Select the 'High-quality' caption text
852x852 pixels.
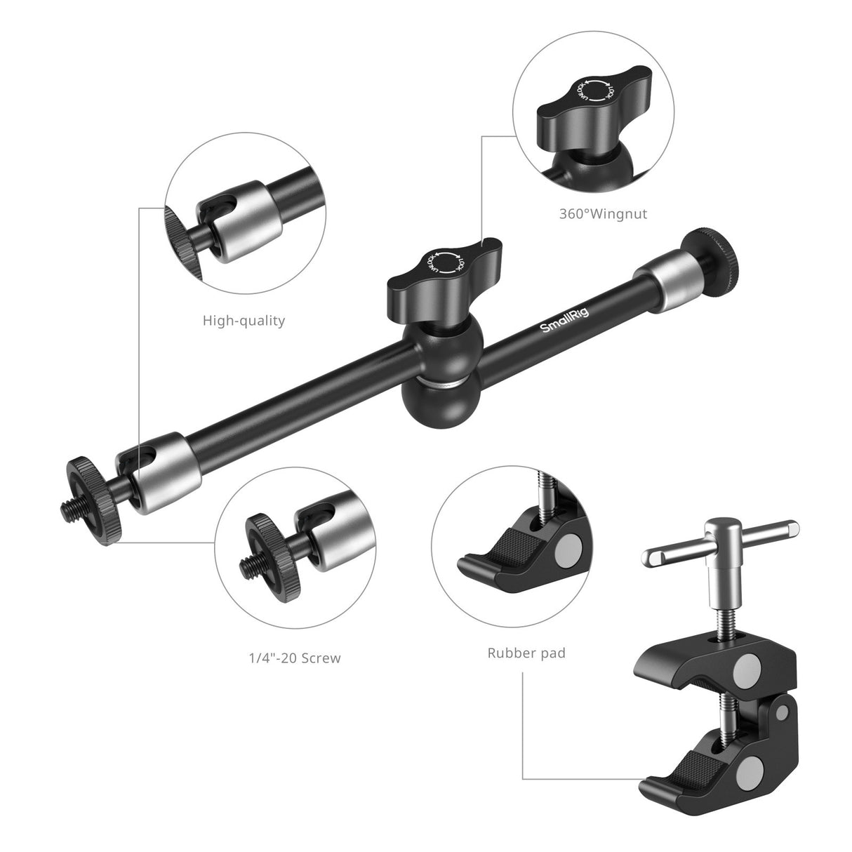tap(244, 321)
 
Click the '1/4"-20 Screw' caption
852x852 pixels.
tap(290, 658)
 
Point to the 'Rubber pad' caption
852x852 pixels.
tap(526, 653)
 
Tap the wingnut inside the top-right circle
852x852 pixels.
tap(594, 112)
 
